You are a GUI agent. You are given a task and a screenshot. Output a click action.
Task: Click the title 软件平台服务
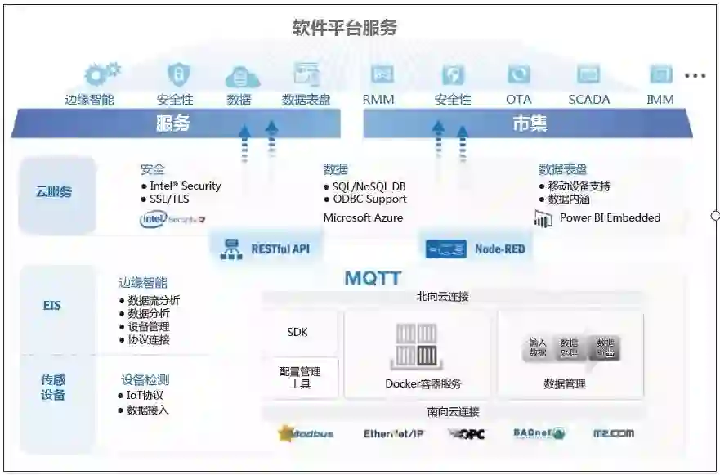(344, 28)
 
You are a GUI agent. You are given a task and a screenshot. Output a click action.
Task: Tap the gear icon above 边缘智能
(101, 74)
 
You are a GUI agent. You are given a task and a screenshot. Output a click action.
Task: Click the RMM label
(378, 100)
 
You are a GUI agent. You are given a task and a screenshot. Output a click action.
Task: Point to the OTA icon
(518, 75)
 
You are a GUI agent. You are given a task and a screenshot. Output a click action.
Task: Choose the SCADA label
(588, 100)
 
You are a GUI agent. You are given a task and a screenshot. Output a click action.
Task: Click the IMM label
(660, 100)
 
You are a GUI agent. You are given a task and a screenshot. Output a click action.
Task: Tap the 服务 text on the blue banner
(172, 123)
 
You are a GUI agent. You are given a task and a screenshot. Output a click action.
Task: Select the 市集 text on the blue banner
(530, 123)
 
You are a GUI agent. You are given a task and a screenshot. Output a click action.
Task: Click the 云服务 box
(54, 192)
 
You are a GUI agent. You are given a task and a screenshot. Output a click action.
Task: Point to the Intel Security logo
(172, 219)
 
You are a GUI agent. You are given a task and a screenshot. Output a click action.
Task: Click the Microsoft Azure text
(363, 218)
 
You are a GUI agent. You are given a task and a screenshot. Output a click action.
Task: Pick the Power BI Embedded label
(610, 218)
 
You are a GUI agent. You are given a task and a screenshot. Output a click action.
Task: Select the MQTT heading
(373, 279)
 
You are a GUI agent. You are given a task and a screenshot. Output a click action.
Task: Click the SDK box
(297, 332)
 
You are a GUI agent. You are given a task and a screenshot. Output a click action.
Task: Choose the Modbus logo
(306, 433)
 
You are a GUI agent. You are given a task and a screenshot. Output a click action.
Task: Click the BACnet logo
(539, 433)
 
